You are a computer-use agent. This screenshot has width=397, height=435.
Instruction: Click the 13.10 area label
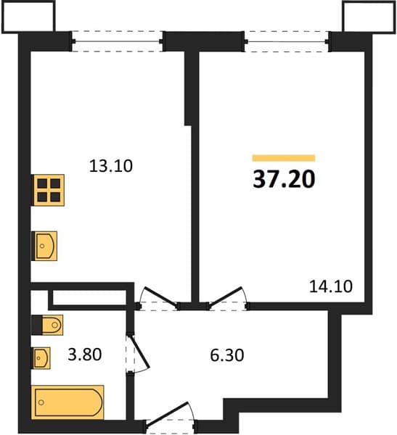(111, 166)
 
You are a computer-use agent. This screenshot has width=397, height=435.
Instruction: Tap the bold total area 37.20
(284, 179)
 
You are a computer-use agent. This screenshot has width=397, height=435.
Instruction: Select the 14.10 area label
(331, 286)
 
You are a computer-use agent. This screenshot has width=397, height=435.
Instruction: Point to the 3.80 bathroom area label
(85, 355)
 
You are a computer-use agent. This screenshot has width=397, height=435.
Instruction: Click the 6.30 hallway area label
(227, 355)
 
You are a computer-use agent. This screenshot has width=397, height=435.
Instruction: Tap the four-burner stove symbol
(49, 190)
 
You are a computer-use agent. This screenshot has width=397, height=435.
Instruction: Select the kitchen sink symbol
(46, 246)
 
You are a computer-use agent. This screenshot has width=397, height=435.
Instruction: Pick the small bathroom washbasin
(41, 358)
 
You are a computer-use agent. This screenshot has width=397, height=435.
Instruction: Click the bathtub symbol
(67, 402)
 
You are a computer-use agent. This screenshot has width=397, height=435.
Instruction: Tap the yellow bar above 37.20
(284, 158)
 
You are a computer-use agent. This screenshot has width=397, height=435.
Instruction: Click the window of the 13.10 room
(117, 41)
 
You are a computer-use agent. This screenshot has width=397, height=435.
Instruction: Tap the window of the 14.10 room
(287, 41)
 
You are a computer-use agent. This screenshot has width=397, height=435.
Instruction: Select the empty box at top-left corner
(28, 17)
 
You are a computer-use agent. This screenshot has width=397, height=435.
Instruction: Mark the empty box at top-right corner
(369, 17)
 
